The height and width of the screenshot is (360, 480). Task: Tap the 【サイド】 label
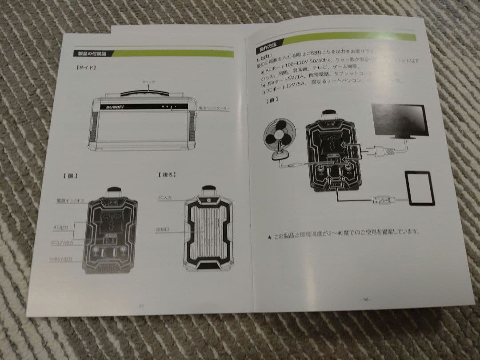tap(86, 68)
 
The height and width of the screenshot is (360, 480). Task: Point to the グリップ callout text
tap(148, 83)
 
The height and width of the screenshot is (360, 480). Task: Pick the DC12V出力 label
tap(62, 243)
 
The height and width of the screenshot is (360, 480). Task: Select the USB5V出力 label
tap(61, 259)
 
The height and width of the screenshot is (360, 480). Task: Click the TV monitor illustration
tap(400, 120)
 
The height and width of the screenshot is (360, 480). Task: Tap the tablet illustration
tap(419, 188)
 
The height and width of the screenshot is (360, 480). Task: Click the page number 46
tap(367, 299)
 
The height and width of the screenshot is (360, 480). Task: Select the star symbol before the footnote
tap(269, 237)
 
